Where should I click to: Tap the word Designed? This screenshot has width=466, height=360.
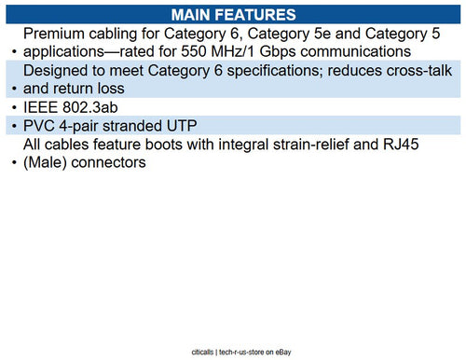click(60, 71)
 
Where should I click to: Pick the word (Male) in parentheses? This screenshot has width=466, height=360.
click(49, 163)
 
